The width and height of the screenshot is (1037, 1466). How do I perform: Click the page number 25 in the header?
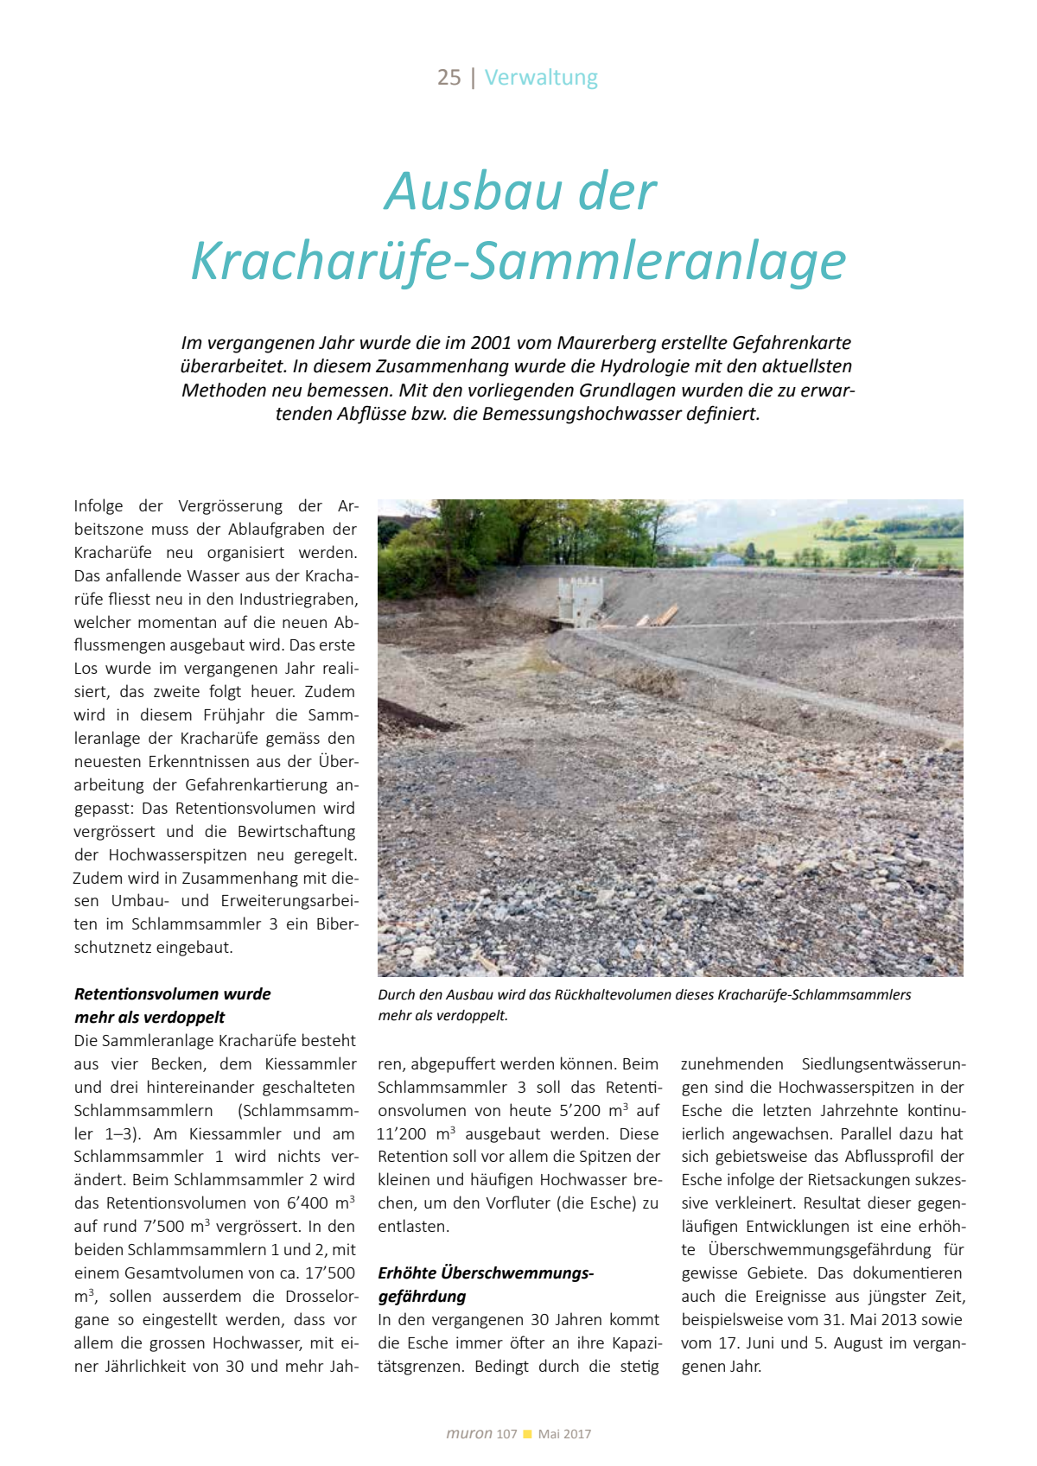[x=449, y=78]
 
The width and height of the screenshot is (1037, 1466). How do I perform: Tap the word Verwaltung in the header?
[x=541, y=78]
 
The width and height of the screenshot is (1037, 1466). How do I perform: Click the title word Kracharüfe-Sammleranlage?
[x=518, y=261]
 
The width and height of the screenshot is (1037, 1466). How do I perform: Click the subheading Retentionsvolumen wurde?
[x=172, y=994]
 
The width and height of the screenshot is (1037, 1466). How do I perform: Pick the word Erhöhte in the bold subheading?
[x=407, y=1273]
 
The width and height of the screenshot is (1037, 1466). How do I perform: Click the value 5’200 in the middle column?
[x=579, y=1111]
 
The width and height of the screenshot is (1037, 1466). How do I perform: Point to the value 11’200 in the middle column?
[x=403, y=1134]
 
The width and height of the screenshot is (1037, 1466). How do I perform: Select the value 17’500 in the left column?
[x=329, y=1273]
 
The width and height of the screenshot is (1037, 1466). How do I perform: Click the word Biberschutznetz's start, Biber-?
[x=334, y=924]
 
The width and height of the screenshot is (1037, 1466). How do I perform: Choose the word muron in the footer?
[x=468, y=1434]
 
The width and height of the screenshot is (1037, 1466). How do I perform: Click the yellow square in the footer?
[x=527, y=1434]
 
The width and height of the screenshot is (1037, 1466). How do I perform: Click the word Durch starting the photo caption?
[x=396, y=995]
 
